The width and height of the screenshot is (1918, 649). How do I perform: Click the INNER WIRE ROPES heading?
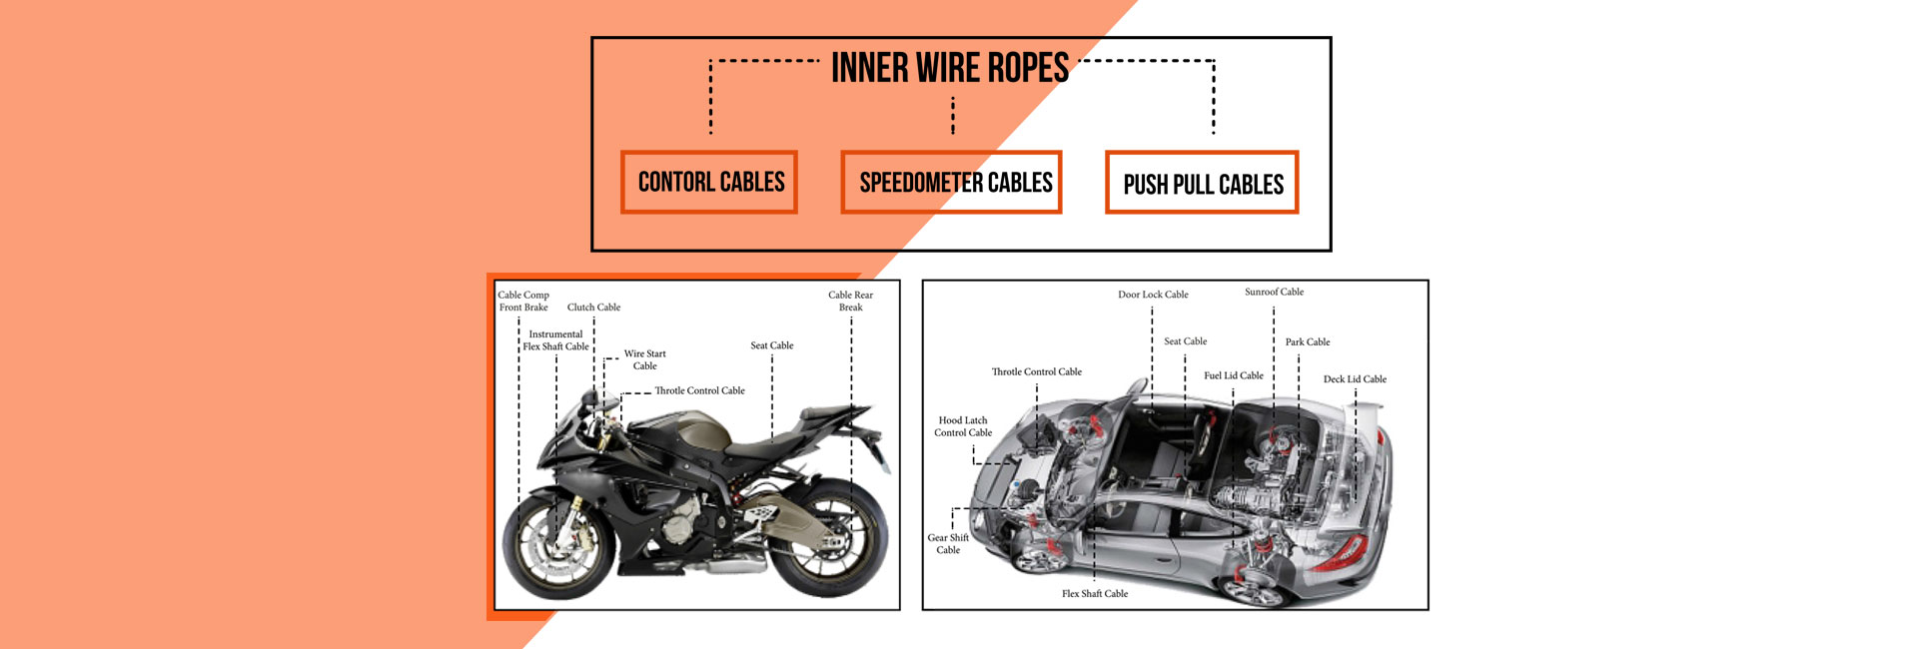point(949,69)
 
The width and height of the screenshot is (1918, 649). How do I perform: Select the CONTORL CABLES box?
point(709,183)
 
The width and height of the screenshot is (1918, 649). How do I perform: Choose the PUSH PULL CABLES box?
point(1202,184)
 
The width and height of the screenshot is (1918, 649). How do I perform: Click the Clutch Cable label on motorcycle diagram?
point(593,308)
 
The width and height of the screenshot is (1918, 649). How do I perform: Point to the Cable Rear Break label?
point(850,301)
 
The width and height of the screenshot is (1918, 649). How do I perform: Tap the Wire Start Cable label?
point(644,359)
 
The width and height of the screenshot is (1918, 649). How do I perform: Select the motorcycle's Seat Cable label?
point(771,345)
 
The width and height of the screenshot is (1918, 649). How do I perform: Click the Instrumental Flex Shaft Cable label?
point(555,340)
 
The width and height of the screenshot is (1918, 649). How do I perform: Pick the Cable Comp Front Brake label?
point(523,301)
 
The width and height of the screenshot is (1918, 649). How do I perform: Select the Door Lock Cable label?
point(1153,295)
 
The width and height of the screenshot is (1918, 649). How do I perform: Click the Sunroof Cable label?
point(1274,292)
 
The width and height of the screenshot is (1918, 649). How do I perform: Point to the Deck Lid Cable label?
point(1355,379)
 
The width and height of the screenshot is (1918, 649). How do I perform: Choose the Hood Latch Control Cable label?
point(963,426)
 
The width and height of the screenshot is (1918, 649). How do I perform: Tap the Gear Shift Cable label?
point(948,543)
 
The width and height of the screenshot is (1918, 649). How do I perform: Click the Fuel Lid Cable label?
point(1233,375)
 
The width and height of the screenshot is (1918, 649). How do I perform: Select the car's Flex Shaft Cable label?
point(1095,593)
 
